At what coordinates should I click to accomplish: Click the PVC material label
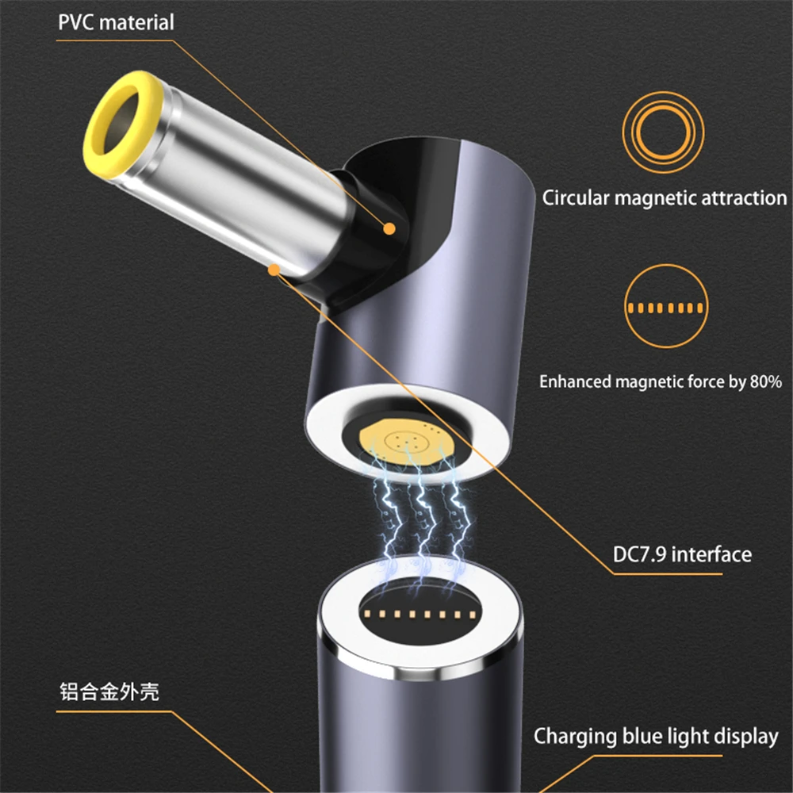(116, 23)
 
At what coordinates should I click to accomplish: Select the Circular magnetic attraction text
(664, 197)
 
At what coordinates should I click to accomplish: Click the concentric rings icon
(663, 132)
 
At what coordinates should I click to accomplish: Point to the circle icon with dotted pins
(665, 306)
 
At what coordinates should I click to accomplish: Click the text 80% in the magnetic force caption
(766, 381)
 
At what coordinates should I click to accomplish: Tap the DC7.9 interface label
(682, 555)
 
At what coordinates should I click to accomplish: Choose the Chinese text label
(109, 691)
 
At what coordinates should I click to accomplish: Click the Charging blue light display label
(656, 737)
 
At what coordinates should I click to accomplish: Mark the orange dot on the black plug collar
(389, 228)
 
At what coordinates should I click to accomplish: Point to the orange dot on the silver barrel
(274, 270)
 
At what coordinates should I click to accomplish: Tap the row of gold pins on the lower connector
(419, 615)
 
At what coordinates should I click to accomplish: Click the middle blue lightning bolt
(421, 521)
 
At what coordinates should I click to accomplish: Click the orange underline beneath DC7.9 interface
(668, 574)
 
